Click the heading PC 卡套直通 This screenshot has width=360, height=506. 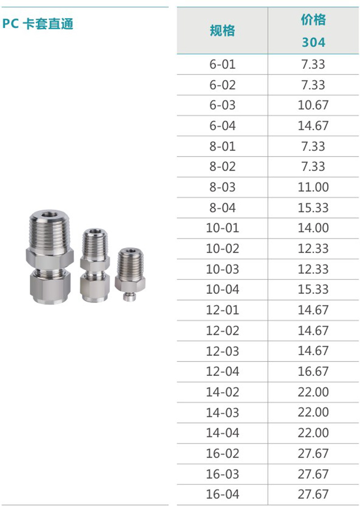pyautogui.click(x=38, y=24)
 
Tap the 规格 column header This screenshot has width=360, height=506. pyautogui.click(x=222, y=31)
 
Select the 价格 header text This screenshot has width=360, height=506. pyautogui.click(x=313, y=20)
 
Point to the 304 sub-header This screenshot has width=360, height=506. pyautogui.click(x=313, y=42)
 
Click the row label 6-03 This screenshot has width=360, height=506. pyautogui.click(x=222, y=105)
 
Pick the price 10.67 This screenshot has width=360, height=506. pyautogui.click(x=313, y=105)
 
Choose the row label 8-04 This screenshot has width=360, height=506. pyautogui.click(x=222, y=208)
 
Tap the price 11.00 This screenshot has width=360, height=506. pyautogui.click(x=313, y=187)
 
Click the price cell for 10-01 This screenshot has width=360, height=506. pyautogui.click(x=313, y=228)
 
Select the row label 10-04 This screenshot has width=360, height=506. pyautogui.click(x=222, y=289)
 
